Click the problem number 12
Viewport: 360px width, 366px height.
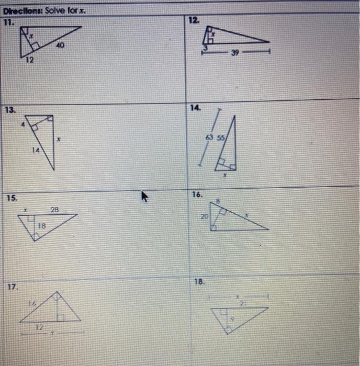click(x=193, y=20)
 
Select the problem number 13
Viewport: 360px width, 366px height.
click(x=10, y=110)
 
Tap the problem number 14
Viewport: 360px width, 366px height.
click(x=196, y=108)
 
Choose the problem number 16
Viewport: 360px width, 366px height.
click(x=197, y=194)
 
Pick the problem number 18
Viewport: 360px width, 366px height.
click(x=198, y=281)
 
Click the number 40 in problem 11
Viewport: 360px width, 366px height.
click(x=61, y=46)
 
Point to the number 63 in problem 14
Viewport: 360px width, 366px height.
click(x=209, y=138)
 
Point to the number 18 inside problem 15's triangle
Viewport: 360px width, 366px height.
click(x=42, y=226)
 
